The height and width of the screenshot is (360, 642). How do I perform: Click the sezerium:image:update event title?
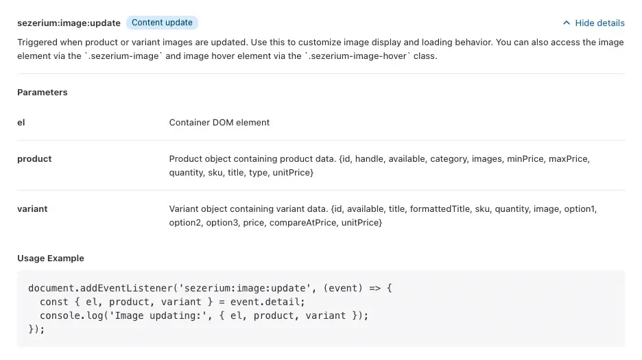(x=69, y=23)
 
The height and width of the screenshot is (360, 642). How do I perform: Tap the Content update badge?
(x=162, y=23)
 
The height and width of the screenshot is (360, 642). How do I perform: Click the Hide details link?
(x=599, y=23)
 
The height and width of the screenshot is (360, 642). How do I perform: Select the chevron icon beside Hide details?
(x=567, y=23)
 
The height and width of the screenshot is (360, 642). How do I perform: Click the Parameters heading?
(x=42, y=92)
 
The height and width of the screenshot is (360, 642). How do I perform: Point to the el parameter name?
(x=21, y=123)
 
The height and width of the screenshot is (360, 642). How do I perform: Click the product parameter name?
(x=34, y=159)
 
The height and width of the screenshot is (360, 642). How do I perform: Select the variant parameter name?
(x=32, y=209)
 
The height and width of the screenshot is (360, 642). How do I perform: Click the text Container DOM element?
(x=219, y=123)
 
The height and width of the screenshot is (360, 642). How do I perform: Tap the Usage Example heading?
(x=51, y=258)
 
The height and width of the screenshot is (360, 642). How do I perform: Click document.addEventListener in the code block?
(x=100, y=288)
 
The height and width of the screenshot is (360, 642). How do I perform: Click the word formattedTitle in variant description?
(x=440, y=209)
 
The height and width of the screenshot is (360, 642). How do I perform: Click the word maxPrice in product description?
(x=568, y=159)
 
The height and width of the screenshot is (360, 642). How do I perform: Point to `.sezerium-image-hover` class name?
(x=357, y=56)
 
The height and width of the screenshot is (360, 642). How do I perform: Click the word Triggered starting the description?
(x=37, y=43)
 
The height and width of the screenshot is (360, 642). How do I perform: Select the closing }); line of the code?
(x=36, y=329)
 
